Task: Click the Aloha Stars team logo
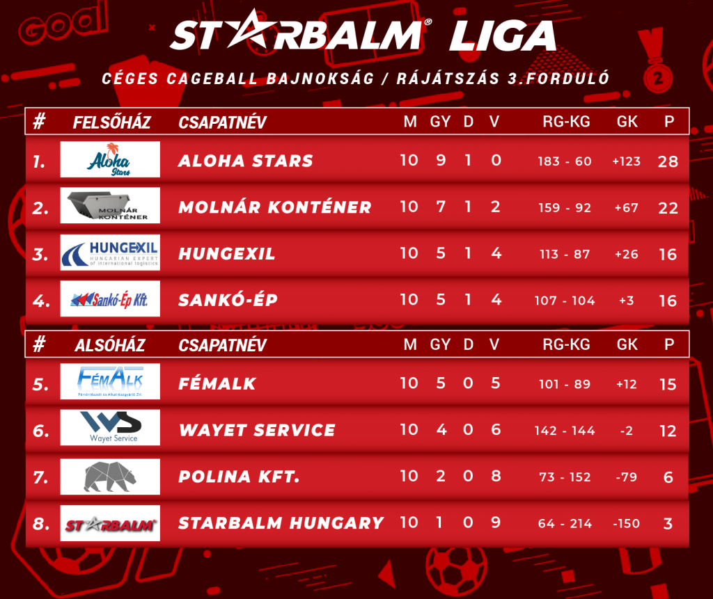[110, 159]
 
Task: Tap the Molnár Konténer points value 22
[668, 208]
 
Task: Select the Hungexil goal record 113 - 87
[565, 254]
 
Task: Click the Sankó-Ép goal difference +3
[626, 301]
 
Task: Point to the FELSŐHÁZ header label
[112, 122]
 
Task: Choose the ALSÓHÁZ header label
[110, 345]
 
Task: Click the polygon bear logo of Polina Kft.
[109, 477]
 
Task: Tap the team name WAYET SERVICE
[258, 430]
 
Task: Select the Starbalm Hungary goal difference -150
[626, 524]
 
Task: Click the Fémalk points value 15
[668, 385]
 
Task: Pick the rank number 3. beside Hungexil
[40, 255]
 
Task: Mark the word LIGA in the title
[503, 35]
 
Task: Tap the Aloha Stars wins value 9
[441, 160]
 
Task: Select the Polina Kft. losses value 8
[496, 476]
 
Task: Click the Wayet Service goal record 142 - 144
[565, 431]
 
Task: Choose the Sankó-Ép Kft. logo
[110, 298]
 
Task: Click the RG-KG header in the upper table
[566, 121]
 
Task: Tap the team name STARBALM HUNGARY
[281, 523]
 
